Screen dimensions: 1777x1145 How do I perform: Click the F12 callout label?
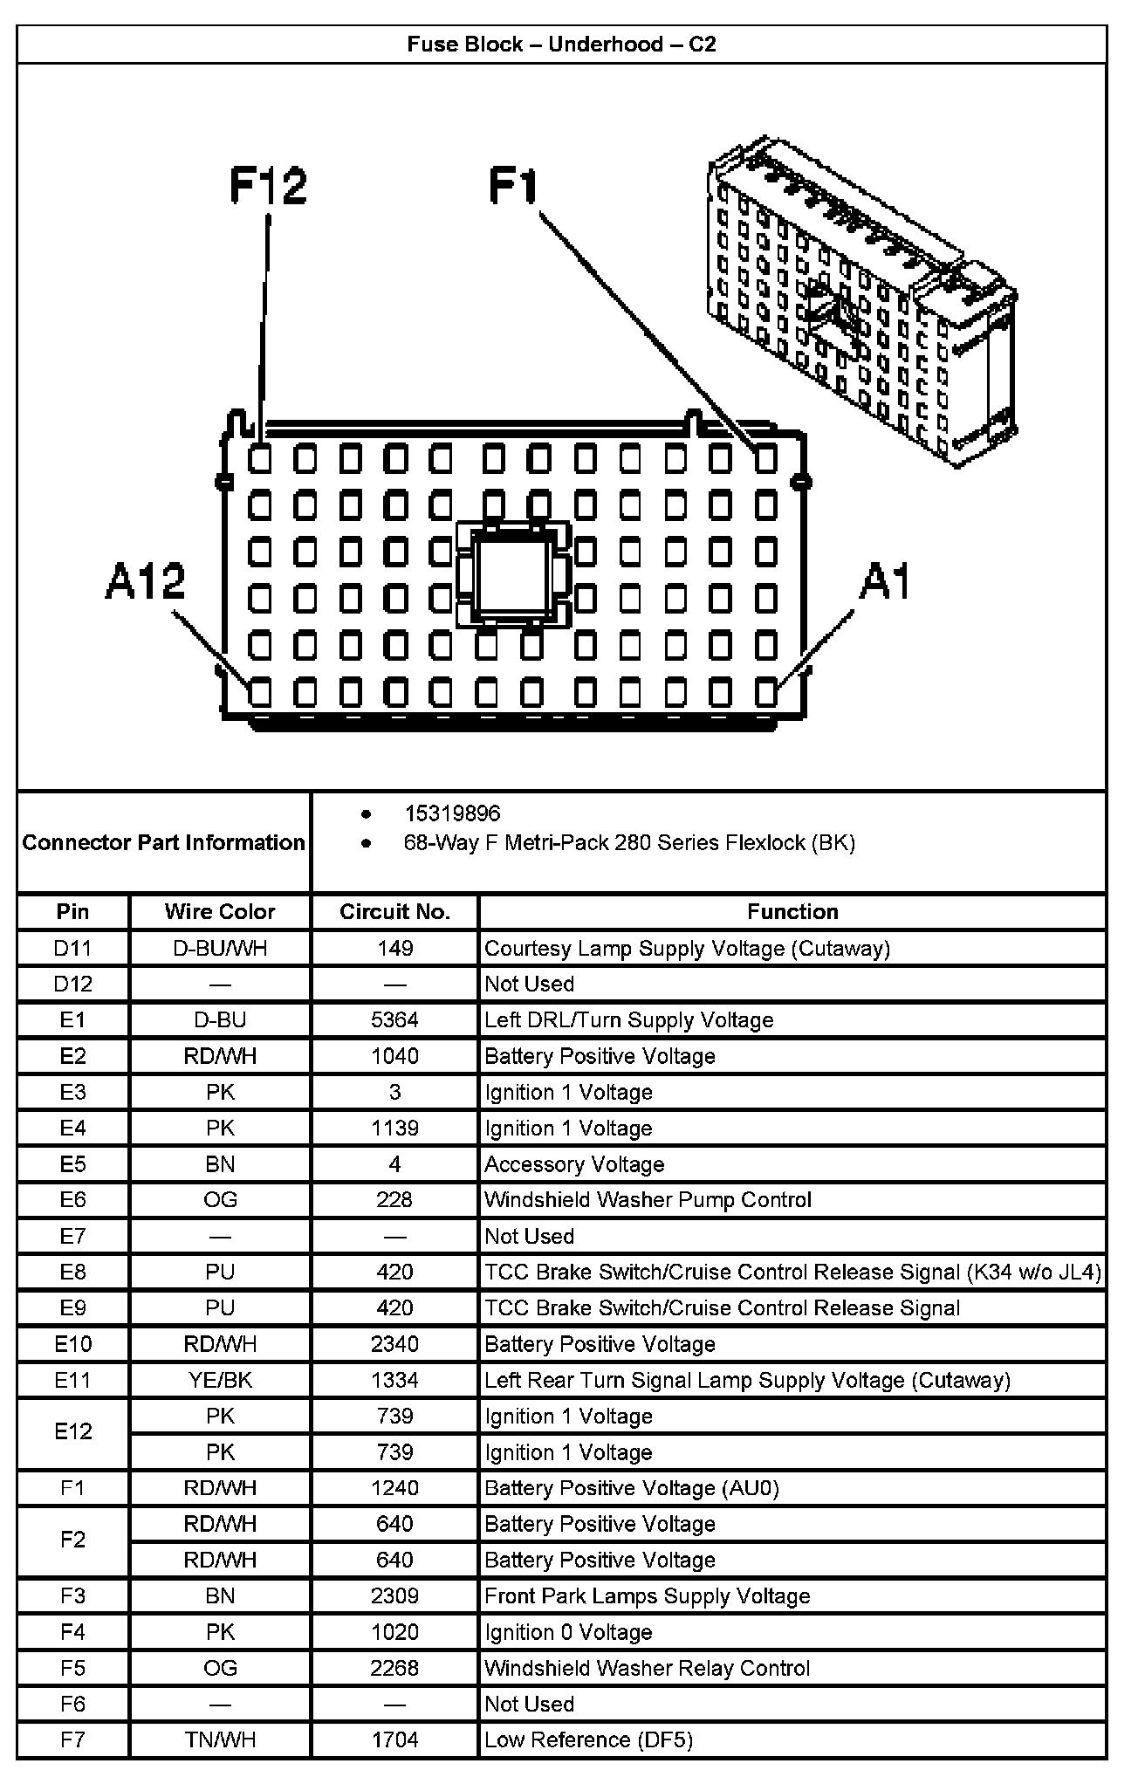click(x=268, y=186)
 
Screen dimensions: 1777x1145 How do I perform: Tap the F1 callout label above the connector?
click(x=513, y=186)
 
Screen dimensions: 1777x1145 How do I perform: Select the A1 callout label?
click(x=884, y=581)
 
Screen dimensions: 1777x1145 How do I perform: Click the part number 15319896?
click(x=452, y=813)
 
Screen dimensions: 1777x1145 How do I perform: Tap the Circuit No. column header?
click(x=394, y=911)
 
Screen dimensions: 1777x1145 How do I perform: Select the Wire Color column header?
click(x=220, y=911)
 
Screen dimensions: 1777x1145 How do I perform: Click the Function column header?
click(x=792, y=911)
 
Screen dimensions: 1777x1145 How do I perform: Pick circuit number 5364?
click(x=394, y=1019)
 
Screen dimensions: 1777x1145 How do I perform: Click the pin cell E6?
click(x=73, y=1199)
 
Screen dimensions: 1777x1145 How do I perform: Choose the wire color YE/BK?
click(x=220, y=1379)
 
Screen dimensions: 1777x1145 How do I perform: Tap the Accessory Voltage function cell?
click(x=574, y=1163)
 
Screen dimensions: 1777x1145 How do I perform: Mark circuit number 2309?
click(x=394, y=1595)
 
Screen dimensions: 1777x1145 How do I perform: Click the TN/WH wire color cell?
click(x=220, y=1739)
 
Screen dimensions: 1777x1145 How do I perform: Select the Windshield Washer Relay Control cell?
click(x=648, y=1668)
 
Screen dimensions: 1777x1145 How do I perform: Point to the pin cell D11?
click(x=73, y=948)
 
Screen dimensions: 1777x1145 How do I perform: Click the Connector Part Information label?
click(x=164, y=842)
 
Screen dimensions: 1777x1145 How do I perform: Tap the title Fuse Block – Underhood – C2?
click(x=562, y=45)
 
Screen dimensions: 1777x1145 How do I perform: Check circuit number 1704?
click(x=394, y=1739)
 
